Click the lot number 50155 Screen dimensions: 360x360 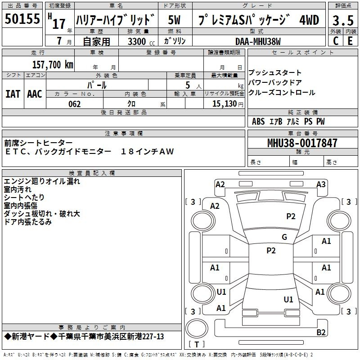click(22, 19)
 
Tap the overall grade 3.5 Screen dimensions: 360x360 click(343, 20)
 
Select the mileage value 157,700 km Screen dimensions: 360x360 click(53, 65)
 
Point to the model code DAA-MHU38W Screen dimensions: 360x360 click(258, 41)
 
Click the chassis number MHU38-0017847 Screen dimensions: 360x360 click(302, 143)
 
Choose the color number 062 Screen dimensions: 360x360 click(74, 104)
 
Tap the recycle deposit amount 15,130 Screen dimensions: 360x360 click(225, 104)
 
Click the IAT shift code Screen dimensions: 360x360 click(13, 94)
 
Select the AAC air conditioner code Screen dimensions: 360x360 click(35, 94)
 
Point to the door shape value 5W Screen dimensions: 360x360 click(174, 20)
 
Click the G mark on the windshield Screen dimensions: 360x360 click(284, 237)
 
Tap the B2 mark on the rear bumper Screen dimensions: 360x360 click(321, 333)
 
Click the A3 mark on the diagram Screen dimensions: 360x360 click(321, 184)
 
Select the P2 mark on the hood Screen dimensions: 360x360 click(291, 216)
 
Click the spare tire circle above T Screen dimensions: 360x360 click(197, 328)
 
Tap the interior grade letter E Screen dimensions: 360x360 click(350, 41)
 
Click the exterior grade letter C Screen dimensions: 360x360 click(336, 41)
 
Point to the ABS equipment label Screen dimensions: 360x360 click(258, 121)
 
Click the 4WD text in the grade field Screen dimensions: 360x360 click(309, 20)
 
